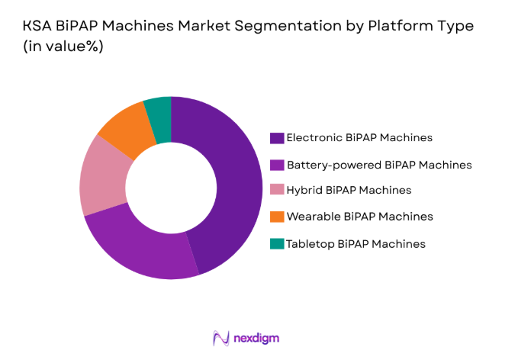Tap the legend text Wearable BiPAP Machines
[x=359, y=217]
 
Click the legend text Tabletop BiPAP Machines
[x=356, y=243]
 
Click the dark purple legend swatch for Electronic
[x=276, y=138]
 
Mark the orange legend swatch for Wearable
[x=276, y=217]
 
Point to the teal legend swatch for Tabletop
[x=276, y=243]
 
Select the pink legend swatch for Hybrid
[x=276, y=190]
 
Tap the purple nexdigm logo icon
[x=222, y=337]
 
